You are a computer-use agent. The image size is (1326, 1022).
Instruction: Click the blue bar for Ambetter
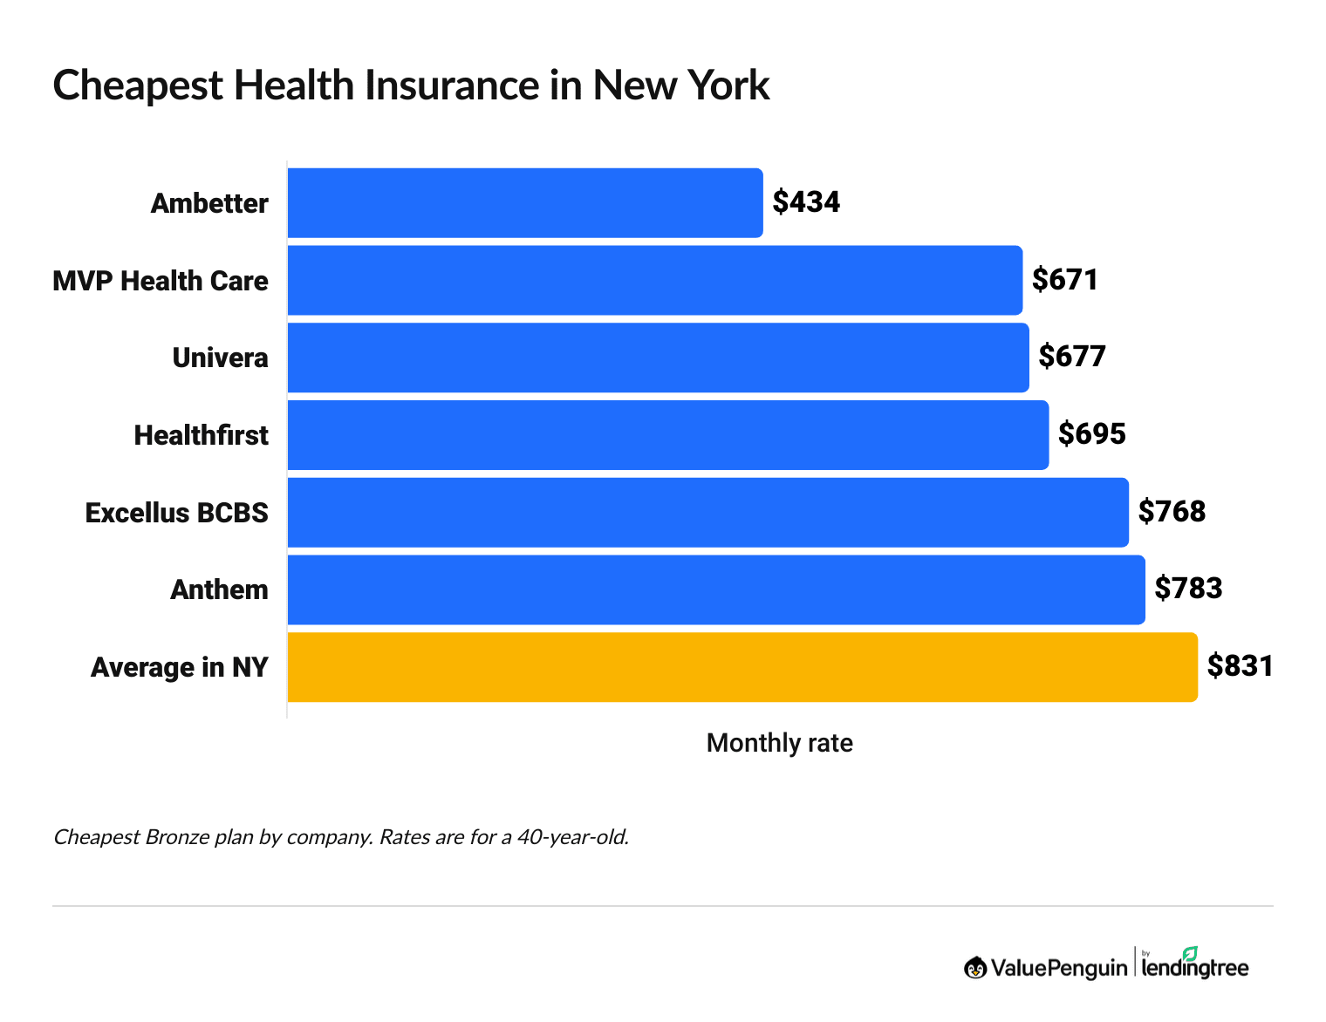[524, 203]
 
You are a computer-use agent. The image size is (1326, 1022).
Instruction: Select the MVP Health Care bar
[654, 281]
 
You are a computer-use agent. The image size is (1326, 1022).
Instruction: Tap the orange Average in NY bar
[742, 667]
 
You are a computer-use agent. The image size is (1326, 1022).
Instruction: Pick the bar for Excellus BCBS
[707, 513]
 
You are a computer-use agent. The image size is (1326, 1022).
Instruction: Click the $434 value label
[806, 202]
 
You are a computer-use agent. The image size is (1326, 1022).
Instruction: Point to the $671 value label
[1064, 280]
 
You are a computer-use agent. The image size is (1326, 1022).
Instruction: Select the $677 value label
[1072, 357]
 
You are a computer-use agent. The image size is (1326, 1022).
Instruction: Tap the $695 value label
[1092, 434]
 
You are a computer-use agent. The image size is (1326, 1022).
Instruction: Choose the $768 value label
[1172, 511]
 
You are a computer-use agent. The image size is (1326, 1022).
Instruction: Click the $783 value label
[1188, 589]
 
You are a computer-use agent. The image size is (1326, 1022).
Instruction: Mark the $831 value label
[1240, 666]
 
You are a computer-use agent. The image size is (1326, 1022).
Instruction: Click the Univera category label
[220, 358]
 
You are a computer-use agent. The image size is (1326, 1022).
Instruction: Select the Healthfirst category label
[201, 435]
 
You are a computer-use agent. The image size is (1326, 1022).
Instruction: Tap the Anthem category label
[219, 590]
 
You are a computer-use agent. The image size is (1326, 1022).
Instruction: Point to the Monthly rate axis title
[779, 743]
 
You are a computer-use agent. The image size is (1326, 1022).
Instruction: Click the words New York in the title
[680, 85]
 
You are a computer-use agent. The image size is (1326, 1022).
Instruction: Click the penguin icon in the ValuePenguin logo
[975, 968]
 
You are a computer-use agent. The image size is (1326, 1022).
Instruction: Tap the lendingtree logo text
[1194, 967]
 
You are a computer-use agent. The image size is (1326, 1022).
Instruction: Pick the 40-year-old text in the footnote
[572, 838]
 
